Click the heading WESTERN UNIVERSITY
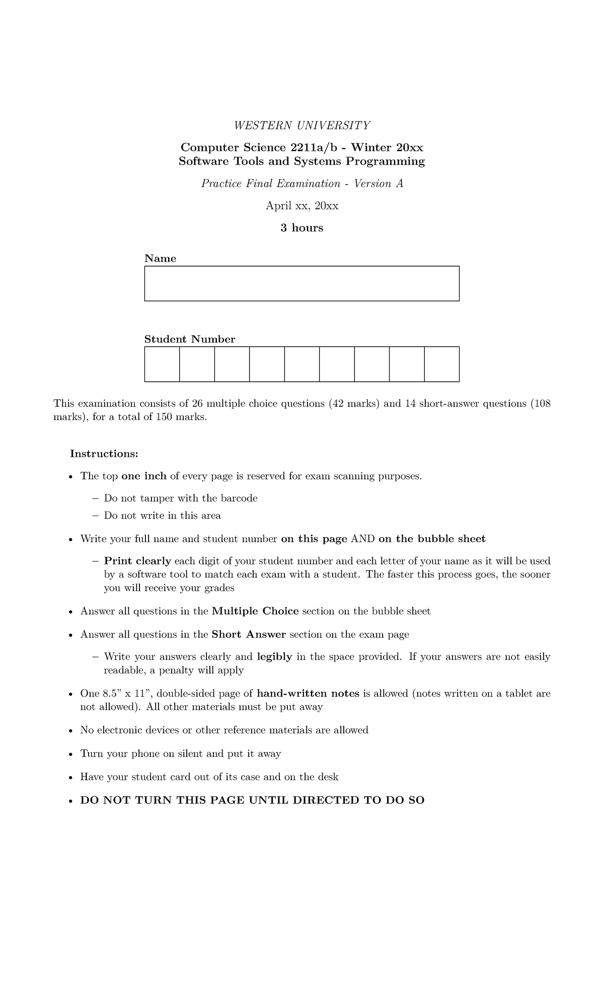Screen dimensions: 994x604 (302, 125)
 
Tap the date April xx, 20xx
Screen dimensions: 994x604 (302, 206)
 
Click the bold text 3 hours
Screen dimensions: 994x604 (302, 228)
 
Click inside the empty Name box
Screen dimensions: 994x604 (302, 284)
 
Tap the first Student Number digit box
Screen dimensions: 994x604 (162, 364)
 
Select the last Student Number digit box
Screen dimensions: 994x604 (441, 364)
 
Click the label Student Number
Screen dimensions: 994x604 (190, 340)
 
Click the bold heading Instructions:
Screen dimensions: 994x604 (104, 454)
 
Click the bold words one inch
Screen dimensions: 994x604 (144, 476)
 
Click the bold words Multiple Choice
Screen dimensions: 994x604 (255, 611)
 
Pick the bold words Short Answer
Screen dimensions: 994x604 (249, 634)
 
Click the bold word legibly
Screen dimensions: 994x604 (274, 657)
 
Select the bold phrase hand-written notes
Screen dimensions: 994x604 (308, 694)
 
